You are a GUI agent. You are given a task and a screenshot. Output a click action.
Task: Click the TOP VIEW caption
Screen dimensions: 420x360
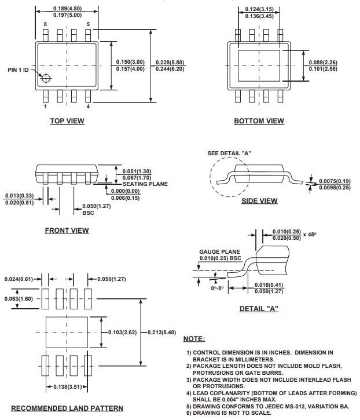[67, 121]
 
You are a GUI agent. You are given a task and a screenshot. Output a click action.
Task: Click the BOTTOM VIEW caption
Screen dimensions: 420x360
[259, 121]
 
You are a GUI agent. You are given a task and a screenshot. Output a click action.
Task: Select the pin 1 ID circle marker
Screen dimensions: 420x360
[45, 77]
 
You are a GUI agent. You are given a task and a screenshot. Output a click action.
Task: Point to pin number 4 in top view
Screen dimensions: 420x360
[88, 107]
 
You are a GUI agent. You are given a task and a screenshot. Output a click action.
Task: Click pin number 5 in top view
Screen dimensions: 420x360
[88, 24]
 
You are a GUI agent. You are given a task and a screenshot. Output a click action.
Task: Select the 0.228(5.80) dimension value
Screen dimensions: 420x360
[171, 63]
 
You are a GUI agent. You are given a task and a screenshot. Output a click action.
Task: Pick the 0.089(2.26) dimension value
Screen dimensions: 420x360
[323, 63]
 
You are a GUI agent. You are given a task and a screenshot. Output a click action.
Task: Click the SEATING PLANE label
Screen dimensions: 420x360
[145, 184]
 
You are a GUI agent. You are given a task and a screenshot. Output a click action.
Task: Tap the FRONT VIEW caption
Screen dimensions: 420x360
[67, 231]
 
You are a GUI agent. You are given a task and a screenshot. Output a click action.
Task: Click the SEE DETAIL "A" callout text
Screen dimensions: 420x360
[229, 153]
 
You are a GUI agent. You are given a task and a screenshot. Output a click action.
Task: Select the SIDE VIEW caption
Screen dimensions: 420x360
[259, 201]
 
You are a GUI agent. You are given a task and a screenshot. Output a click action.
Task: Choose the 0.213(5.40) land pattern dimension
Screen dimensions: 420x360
[162, 332]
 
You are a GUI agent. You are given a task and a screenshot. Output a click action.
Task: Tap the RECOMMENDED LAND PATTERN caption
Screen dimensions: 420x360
[67, 408]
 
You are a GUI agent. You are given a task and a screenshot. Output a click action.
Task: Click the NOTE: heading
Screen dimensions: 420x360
[194, 339]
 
